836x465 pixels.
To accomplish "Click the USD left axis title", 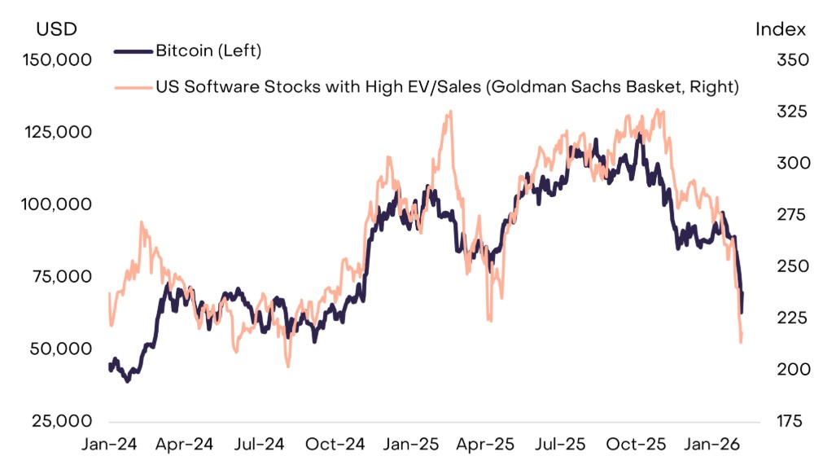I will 56,29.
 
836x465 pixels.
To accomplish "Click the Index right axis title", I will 780,29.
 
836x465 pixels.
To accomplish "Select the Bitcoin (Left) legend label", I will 208,50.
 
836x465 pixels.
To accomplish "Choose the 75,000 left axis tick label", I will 62,276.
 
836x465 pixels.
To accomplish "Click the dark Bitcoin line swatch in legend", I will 133,51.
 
